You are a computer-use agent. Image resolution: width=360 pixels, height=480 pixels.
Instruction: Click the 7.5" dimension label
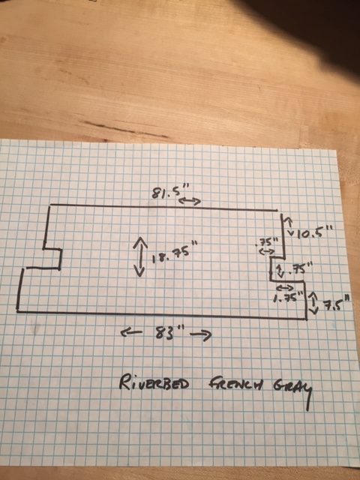(337, 304)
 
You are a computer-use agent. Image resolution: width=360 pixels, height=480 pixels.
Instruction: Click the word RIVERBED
(154, 382)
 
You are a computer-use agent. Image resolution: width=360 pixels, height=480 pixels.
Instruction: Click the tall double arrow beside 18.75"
(139, 256)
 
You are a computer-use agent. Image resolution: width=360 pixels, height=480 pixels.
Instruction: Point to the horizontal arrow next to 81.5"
(190, 201)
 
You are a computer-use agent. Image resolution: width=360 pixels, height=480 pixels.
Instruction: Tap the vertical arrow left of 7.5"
(313, 302)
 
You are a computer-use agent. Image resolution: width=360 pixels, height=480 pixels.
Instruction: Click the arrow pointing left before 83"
(132, 333)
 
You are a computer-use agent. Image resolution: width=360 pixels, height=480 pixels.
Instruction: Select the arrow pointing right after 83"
(201, 335)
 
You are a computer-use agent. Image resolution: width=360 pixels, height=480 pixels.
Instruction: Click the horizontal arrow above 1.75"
(285, 287)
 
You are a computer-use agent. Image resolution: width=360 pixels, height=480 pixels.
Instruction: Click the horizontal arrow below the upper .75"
(267, 252)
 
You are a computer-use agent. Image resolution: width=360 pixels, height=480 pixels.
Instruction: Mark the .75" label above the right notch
(266, 242)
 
